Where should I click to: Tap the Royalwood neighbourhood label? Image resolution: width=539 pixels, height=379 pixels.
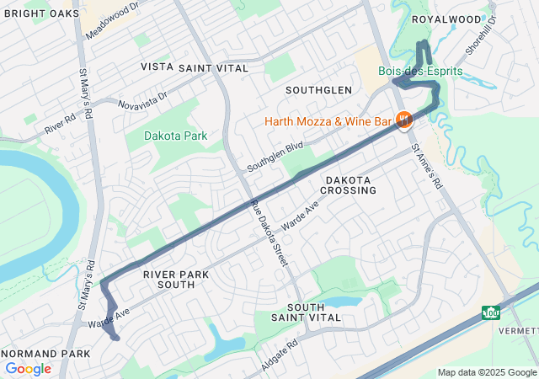click(446, 19)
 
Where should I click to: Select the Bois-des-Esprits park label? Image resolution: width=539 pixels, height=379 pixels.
click(420, 72)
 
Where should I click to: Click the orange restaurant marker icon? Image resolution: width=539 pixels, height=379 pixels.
click(404, 121)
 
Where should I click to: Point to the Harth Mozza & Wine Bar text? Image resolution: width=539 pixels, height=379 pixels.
click(328, 121)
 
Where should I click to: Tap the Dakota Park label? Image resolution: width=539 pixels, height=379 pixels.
click(175, 136)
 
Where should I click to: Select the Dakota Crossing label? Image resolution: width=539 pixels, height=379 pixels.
click(349, 185)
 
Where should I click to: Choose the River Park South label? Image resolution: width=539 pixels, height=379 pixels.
click(169, 280)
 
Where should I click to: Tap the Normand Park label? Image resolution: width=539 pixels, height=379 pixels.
click(45, 353)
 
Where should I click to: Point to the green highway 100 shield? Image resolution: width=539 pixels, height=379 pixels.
click(491, 313)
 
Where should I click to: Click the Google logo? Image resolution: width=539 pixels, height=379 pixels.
click(28, 369)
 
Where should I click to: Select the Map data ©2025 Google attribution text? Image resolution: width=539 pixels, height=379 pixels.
click(487, 372)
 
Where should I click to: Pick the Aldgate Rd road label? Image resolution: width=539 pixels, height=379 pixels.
click(280, 350)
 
